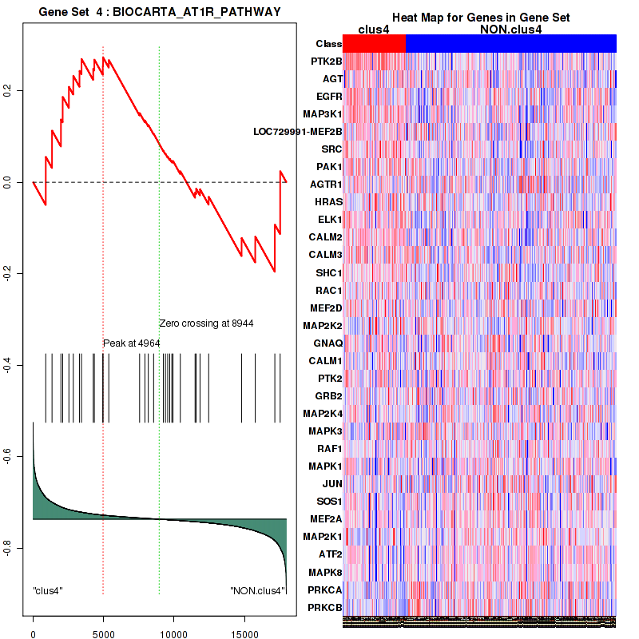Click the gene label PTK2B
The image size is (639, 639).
tap(327, 62)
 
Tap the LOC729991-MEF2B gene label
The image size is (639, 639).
tap(297, 132)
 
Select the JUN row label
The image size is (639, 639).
tap(332, 484)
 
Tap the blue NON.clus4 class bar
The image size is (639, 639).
tap(511, 44)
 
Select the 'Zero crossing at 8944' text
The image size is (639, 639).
tap(206, 323)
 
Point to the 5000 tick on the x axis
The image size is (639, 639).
tap(103, 628)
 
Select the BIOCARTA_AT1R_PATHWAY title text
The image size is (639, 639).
tap(192, 10)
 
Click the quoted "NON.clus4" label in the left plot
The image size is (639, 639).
tap(256, 591)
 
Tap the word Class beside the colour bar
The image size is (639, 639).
tap(328, 44)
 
